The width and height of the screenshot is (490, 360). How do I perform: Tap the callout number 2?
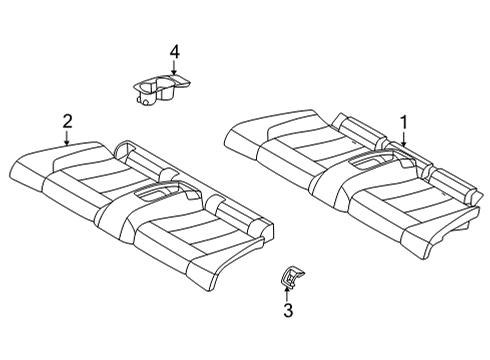click(x=67, y=121)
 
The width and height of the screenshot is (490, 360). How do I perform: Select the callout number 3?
click(x=287, y=312)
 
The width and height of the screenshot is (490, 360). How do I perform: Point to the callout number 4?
click(x=174, y=51)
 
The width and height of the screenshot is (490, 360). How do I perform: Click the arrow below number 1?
click(x=402, y=139)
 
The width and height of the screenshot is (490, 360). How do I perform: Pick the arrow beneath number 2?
click(x=67, y=138)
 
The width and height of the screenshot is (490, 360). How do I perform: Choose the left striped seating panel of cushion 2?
click(x=90, y=180)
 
